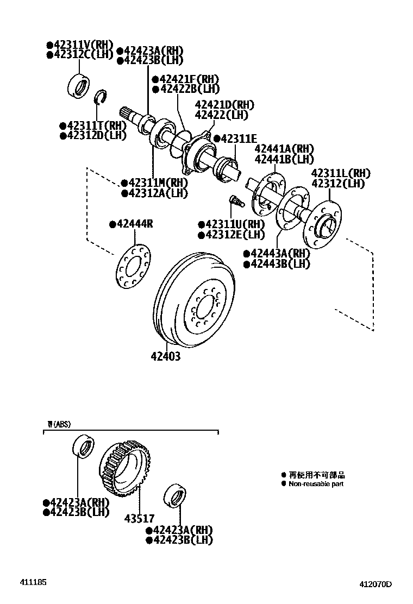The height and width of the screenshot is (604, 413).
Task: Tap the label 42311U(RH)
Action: point(231,224)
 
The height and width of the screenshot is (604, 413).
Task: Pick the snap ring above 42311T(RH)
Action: point(100,98)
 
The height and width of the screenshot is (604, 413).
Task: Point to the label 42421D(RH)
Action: point(223,105)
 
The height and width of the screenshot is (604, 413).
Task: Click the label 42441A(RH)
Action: point(284,149)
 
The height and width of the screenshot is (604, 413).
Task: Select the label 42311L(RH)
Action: point(340,173)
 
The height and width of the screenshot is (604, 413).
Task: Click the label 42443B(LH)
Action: point(277,264)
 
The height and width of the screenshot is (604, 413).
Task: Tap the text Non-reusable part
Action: point(316,484)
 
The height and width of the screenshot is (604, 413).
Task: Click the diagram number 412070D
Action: point(375,585)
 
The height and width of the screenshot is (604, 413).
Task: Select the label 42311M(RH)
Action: point(154,183)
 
